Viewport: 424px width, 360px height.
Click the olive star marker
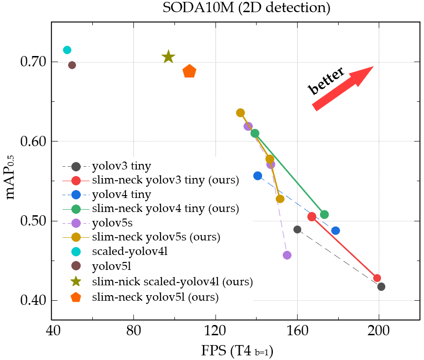[168, 57]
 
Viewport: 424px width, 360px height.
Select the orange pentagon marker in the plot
[189, 71]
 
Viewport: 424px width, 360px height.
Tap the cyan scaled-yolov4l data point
[67, 50]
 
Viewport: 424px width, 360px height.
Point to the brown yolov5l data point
[72, 65]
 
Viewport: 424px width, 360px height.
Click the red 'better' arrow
[344, 88]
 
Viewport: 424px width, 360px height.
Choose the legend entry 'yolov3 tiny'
[121, 166]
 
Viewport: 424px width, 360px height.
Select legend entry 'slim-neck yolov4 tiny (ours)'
[166, 208]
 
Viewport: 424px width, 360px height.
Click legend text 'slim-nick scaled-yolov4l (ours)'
[173, 282]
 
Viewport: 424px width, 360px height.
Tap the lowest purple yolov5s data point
[287, 255]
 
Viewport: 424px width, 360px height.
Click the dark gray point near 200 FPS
[381, 286]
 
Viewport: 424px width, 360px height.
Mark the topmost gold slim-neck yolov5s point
[240, 113]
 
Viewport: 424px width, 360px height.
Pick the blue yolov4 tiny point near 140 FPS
[257, 176]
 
